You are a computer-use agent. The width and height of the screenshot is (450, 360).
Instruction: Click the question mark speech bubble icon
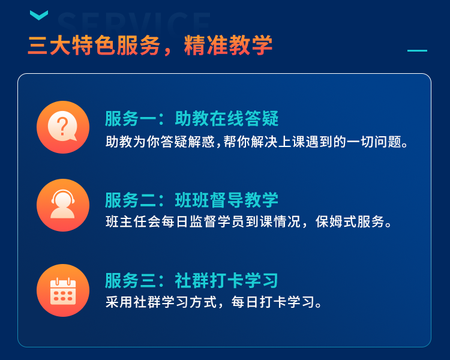pyautogui.click(x=63, y=127)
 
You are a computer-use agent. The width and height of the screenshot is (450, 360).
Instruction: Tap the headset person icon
pyautogui.click(x=63, y=205)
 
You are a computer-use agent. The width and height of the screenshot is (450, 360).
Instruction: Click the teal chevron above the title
pyautogui.click(x=39, y=15)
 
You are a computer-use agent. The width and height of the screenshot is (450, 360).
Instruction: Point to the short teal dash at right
pyautogui.click(x=417, y=50)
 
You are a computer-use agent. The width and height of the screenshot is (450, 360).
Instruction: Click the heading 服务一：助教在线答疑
pyautogui.click(x=192, y=118)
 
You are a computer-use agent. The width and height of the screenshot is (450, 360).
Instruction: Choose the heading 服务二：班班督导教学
pyautogui.click(x=192, y=200)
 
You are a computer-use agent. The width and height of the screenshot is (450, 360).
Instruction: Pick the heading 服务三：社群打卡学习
pyautogui.click(x=192, y=280)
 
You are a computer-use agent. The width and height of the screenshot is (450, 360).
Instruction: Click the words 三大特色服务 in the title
pyautogui.click(x=94, y=46)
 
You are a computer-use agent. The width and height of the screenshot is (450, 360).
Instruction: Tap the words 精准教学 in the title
pyautogui.click(x=228, y=46)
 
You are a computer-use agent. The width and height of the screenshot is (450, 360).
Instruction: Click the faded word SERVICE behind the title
pyautogui.click(x=134, y=23)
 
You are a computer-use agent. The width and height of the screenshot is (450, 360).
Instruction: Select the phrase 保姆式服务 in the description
pyautogui.click(x=350, y=221)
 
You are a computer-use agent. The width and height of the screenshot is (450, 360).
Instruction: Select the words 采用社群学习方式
pyautogui.click(x=161, y=302)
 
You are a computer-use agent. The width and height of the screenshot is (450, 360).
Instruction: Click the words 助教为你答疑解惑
pyautogui.click(x=160, y=142)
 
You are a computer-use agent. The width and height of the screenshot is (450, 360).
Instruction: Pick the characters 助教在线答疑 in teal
pyautogui.click(x=227, y=118)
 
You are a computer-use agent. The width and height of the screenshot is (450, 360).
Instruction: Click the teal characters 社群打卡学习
pyautogui.click(x=227, y=280)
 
